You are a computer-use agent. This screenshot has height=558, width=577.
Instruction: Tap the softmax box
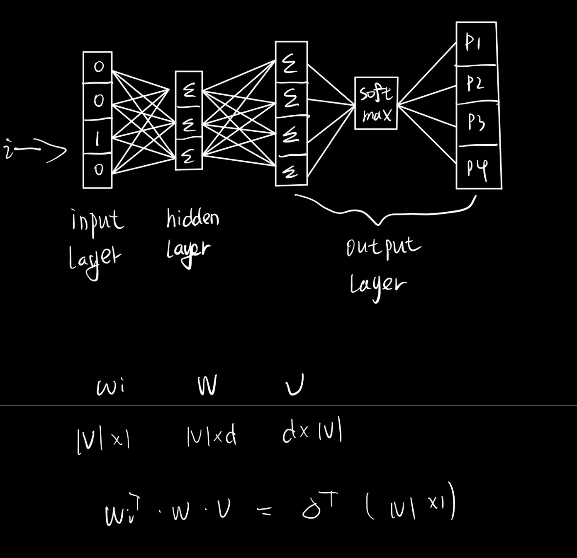pyautogui.click(x=376, y=104)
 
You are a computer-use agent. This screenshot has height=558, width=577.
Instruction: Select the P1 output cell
pyautogui.click(x=475, y=43)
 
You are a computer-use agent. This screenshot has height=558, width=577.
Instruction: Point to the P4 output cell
pyautogui.click(x=477, y=167)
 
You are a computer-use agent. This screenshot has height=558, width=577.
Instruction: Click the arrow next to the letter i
pyautogui.click(x=48, y=151)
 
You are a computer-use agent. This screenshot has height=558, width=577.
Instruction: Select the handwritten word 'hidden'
pyautogui.click(x=192, y=218)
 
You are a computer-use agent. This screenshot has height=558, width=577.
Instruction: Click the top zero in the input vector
pyautogui.click(x=98, y=67)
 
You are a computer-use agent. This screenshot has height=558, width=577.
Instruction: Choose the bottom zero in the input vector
pyautogui.click(x=98, y=169)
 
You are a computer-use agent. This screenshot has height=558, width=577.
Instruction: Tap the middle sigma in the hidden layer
pyautogui.click(x=189, y=124)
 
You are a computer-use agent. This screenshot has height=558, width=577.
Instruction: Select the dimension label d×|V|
pyautogui.click(x=312, y=433)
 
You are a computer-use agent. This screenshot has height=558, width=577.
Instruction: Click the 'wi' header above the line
pyautogui.click(x=110, y=388)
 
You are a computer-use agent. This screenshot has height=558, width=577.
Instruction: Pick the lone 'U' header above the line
pyautogui.click(x=295, y=385)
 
